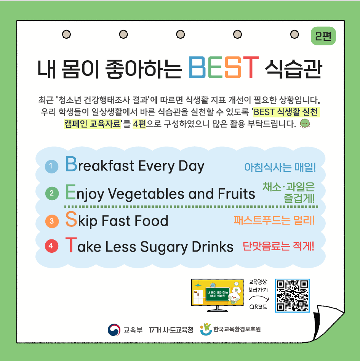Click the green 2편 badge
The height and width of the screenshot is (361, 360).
pos(323,36)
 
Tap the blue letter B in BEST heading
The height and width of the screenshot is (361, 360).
pos(197,67)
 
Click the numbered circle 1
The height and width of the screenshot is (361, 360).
pos(51,166)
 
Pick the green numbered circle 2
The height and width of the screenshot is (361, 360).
pos(52,193)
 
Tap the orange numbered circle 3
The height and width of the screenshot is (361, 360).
pos(52,221)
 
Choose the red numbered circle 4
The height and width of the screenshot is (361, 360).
pos(51,246)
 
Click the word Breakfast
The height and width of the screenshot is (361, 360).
pos(100,164)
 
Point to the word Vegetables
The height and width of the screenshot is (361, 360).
pos(146,193)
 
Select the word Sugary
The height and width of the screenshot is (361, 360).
pos(164,247)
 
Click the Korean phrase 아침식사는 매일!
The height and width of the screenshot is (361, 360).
pos(280,167)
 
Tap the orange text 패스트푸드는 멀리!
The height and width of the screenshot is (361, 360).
pos(274,220)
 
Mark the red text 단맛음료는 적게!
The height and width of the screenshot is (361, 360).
pos(278,246)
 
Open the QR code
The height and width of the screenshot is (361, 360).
pos(293,295)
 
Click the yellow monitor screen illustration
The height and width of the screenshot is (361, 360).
pos(218,293)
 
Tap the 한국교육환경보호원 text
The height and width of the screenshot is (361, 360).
pos(237,329)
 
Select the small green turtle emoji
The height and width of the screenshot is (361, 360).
pos(305,124)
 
